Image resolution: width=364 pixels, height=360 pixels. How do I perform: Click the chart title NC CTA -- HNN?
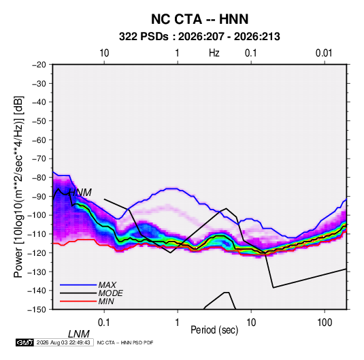199,19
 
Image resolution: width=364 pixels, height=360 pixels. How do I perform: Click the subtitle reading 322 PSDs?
144,37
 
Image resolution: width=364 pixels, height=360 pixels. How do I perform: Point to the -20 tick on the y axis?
39,65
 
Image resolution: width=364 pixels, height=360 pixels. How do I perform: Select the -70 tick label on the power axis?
39,159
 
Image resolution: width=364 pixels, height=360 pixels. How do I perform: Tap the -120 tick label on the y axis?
37,253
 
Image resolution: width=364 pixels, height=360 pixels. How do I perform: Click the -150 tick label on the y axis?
37,310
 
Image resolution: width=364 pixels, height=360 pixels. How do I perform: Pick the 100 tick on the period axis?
325,323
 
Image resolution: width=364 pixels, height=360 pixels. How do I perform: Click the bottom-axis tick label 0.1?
104,323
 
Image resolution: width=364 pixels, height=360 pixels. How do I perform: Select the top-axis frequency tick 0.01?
324,53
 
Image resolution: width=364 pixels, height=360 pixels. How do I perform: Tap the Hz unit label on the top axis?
214,53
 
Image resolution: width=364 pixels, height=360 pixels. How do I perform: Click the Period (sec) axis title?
214,330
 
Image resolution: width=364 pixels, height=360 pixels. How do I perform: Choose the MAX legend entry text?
107,284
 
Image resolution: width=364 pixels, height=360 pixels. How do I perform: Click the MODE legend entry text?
110,293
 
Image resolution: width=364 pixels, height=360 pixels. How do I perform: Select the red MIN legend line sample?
78,301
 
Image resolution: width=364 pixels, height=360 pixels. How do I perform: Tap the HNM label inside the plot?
80,193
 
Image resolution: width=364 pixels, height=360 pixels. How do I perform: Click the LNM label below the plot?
79,334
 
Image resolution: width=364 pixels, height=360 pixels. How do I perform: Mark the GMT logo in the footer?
25,342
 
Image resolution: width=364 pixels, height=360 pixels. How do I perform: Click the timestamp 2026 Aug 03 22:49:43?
63,342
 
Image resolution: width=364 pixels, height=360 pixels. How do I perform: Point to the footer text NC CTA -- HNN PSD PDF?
125,342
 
